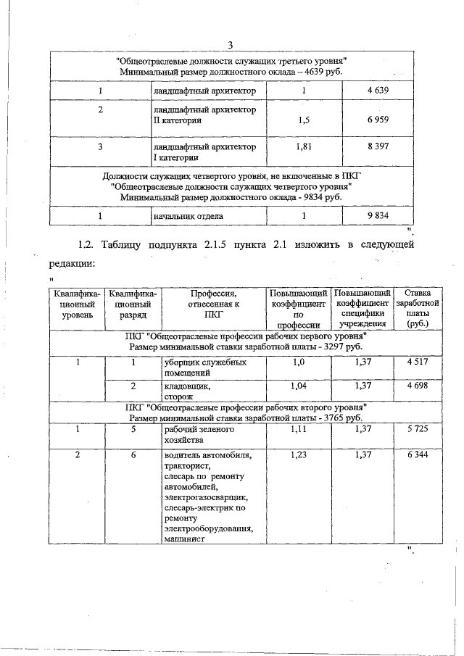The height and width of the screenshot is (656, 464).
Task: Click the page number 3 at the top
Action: pyautogui.click(x=230, y=46)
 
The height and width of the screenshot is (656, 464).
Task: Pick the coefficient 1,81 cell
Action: pyautogui.click(x=304, y=146)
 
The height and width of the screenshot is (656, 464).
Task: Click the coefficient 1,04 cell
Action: pyautogui.click(x=299, y=386)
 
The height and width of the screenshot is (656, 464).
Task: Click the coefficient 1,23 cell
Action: pyautogui.click(x=299, y=455)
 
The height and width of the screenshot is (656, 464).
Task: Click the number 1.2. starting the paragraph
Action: pyautogui.click(x=89, y=245)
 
